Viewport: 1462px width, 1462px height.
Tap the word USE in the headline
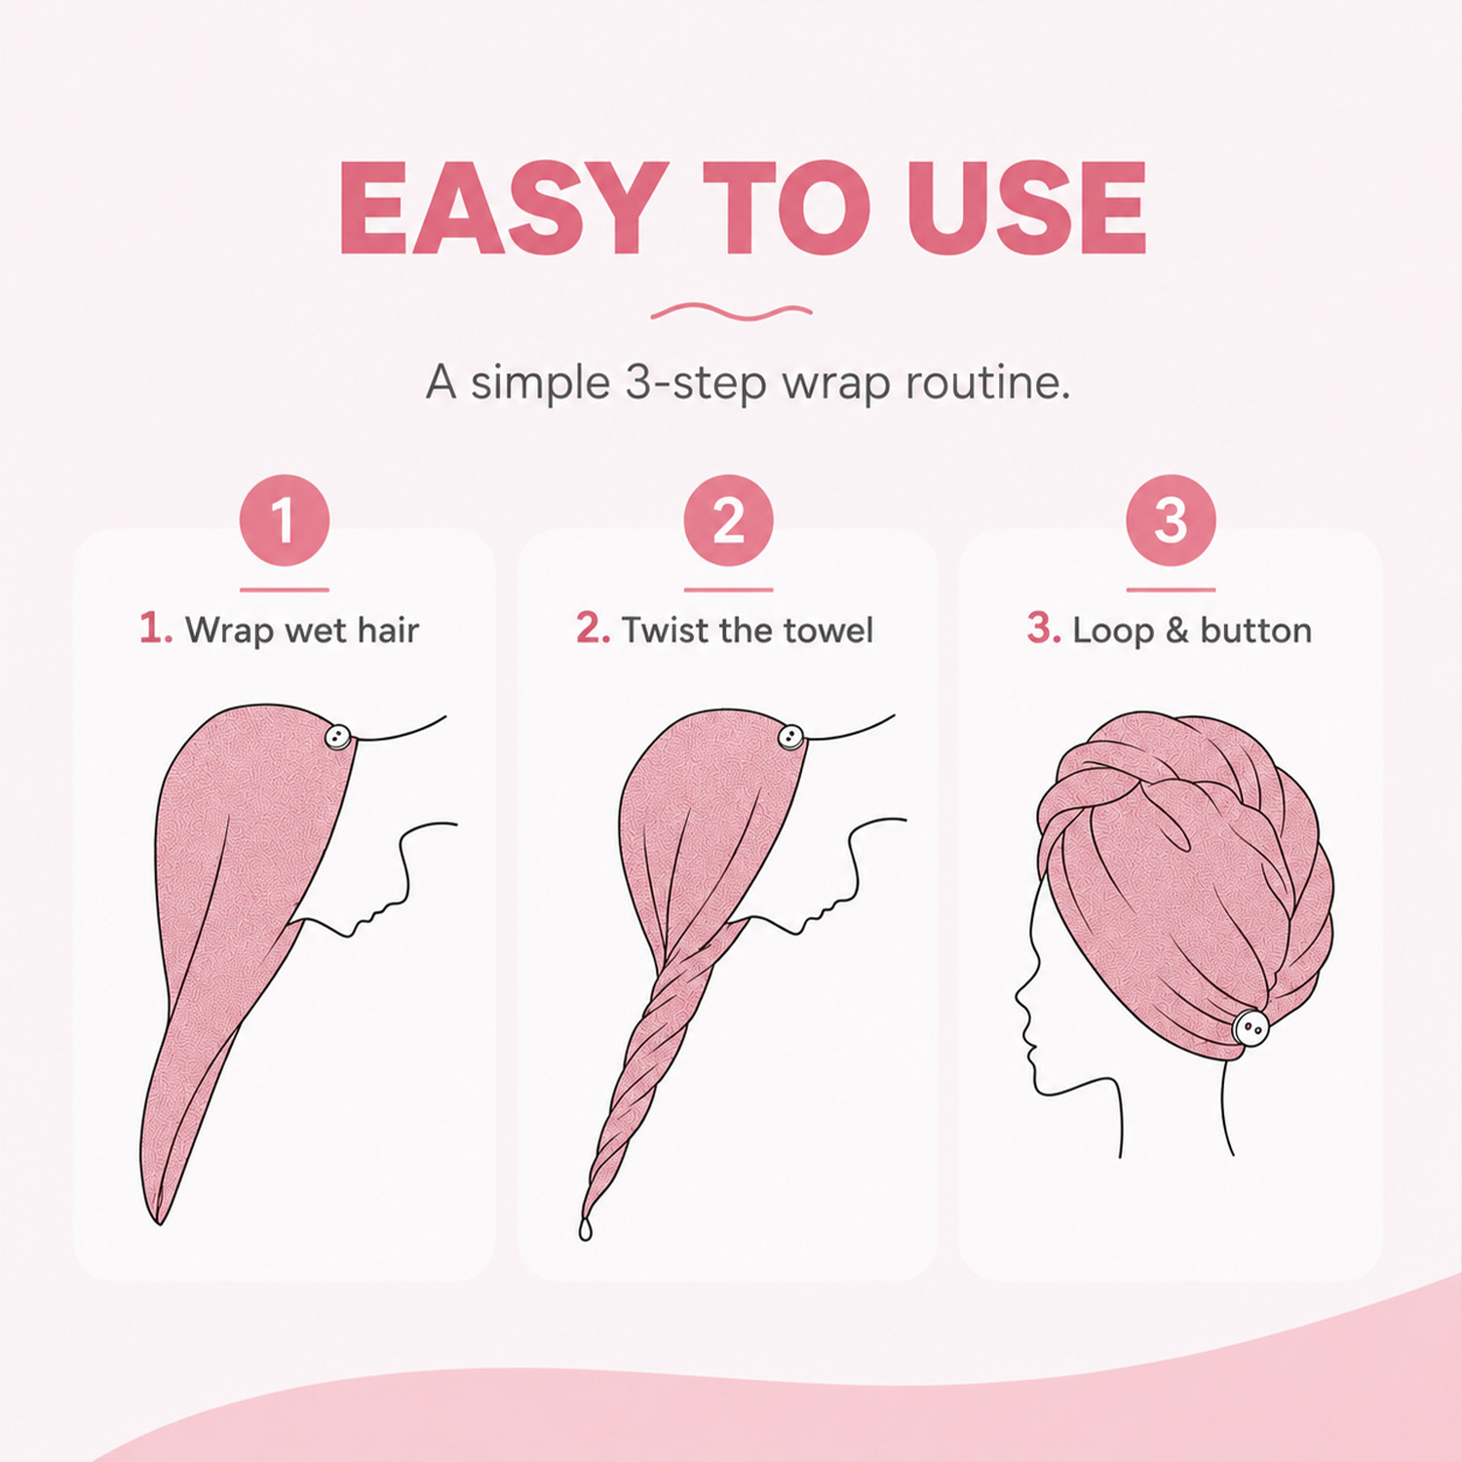[x=1026, y=208]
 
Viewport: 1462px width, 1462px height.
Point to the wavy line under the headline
[x=731, y=312]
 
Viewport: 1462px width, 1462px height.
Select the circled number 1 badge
[x=285, y=519]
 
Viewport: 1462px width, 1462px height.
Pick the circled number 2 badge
[x=728, y=519]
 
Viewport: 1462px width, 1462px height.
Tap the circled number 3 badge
[x=1171, y=519]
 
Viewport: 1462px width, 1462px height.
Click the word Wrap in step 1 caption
[x=229, y=632]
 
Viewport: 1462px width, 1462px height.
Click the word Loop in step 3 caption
[x=1112, y=632]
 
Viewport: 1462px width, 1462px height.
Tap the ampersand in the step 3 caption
[x=1177, y=631]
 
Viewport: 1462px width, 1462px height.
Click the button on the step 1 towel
[x=337, y=737]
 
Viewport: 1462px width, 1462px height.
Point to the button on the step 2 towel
[x=790, y=737]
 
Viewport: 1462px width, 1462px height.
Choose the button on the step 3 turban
[x=1250, y=1027]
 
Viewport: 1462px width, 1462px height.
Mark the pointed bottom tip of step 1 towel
[x=159, y=1223]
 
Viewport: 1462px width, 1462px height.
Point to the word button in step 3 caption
[x=1255, y=631]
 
